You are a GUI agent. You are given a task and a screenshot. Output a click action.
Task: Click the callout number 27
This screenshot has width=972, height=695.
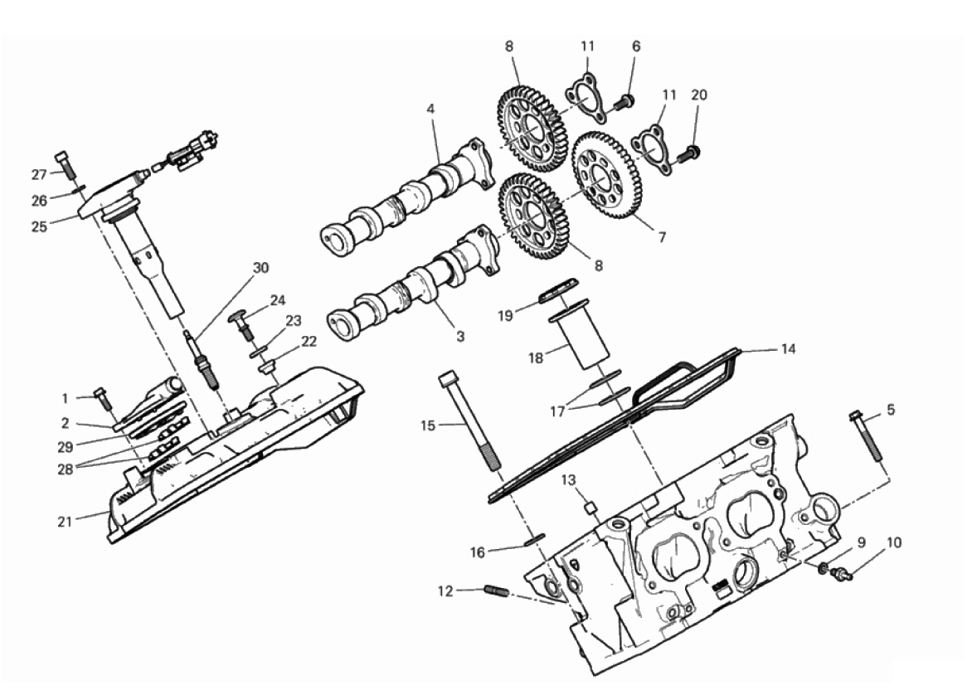[39, 175]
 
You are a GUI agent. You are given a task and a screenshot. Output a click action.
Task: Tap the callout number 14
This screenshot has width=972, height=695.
[787, 349]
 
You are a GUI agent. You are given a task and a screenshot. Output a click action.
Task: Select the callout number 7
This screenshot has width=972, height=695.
[662, 237]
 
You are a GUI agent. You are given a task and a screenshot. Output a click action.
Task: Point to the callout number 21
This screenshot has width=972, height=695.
[65, 522]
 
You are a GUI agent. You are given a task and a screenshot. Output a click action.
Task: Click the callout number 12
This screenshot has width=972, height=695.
[445, 591]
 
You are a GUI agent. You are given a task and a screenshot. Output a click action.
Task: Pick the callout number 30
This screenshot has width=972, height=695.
[261, 268]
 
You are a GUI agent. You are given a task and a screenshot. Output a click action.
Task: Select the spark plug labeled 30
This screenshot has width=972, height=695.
[202, 360]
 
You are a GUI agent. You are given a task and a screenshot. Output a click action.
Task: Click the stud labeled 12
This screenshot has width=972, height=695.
[496, 591]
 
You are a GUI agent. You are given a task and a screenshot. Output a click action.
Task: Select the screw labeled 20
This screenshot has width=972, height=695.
[686, 153]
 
